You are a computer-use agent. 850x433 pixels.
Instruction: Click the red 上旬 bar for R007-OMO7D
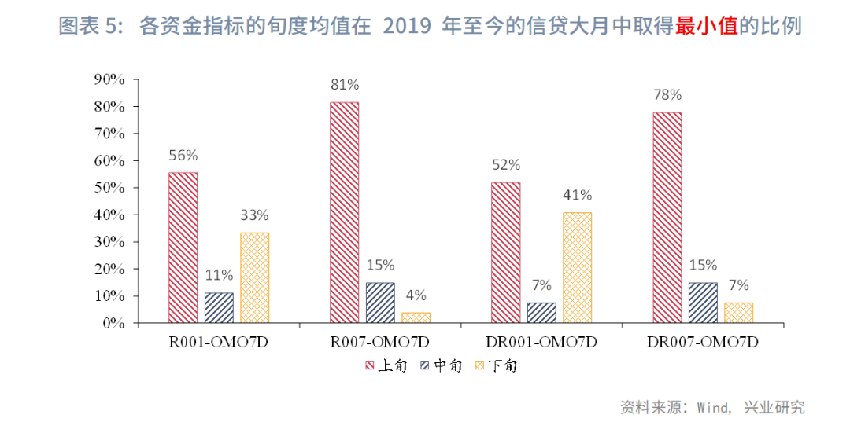click(x=344, y=212)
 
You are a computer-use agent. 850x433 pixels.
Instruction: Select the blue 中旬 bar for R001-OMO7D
click(x=219, y=308)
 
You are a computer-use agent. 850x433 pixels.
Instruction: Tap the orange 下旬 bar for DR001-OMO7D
click(x=577, y=267)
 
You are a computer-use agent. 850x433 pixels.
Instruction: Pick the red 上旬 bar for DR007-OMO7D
click(x=667, y=217)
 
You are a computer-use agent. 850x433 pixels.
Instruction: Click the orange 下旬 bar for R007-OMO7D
click(x=416, y=317)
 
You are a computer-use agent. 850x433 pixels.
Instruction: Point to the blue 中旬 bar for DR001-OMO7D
click(x=541, y=313)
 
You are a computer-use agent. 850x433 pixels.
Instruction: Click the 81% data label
click(x=345, y=85)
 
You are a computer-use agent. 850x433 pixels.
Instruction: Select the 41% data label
click(x=577, y=196)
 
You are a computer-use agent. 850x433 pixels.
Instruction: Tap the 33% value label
click(x=254, y=215)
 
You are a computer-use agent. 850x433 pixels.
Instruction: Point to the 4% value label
click(x=416, y=295)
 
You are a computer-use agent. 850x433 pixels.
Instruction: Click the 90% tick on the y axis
click(x=109, y=79)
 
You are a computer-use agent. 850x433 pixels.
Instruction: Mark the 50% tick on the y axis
click(x=109, y=188)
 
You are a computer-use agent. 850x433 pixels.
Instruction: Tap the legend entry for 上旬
click(x=386, y=365)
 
